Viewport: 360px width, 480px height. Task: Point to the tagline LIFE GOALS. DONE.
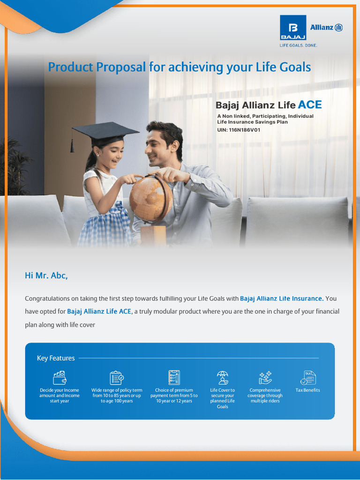(x=298, y=45)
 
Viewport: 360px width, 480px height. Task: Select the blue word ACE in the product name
(x=310, y=105)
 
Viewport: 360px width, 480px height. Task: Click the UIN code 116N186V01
(x=244, y=129)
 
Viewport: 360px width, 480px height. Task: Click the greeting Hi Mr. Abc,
(x=46, y=276)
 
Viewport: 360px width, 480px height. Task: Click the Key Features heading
(x=56, y=358)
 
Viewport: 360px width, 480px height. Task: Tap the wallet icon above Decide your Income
(x=59, y=377)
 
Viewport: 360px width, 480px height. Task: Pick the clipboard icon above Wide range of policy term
(x=117, y=377)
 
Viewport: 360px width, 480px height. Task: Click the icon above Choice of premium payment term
(x=174, y=377)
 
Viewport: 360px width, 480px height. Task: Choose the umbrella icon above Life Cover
(x=222, y=377)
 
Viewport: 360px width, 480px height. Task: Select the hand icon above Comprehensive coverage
(x=265, y=377)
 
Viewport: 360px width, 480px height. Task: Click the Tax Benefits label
(x=308, y=390)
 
